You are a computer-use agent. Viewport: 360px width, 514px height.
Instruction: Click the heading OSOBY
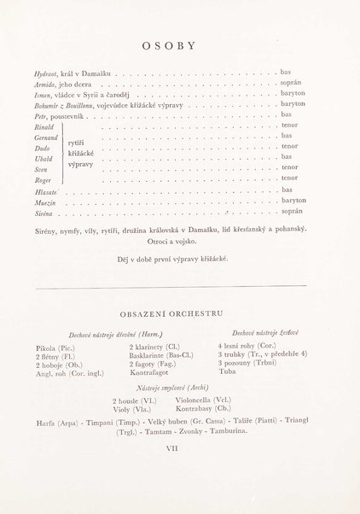click(180, 46)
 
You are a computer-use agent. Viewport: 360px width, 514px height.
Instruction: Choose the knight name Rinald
click(45, 127)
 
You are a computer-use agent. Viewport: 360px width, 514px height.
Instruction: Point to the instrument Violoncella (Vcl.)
click(203, 400)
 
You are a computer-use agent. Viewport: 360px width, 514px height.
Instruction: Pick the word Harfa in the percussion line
click(45, 423)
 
